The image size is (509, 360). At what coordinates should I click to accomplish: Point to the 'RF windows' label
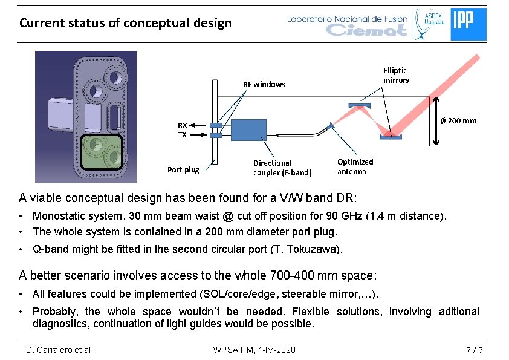tap(264, 84)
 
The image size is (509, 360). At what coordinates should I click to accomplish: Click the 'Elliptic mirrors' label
tap(396, 75)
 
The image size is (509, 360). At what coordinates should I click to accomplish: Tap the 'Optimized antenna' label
tap(355, 166)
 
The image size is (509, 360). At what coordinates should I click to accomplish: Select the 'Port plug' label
tap(183, 169)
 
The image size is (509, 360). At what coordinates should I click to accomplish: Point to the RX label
tap(182, 125)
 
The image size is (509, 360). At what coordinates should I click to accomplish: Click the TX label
tap(182, 135)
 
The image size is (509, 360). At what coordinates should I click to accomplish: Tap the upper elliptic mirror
tap(359, 106)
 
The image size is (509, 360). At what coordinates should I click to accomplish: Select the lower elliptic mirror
tap(391, 137)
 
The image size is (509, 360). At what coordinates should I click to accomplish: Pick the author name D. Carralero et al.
tap(59, 350)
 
